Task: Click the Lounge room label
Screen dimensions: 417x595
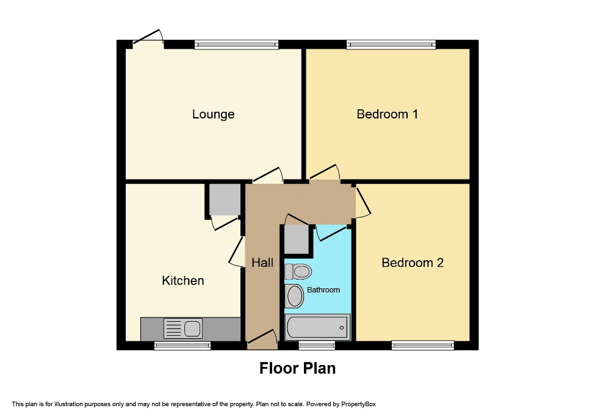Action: (213, 114)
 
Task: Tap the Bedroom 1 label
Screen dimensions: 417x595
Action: (387, 114)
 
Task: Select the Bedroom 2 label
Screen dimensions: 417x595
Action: (413, 263)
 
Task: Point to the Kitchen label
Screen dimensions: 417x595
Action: (182, 281)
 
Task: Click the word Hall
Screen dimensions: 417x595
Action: (262, 263)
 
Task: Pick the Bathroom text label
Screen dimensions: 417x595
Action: (323, 289)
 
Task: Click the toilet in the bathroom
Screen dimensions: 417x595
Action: (298, 270)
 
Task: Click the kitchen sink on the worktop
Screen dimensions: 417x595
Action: (183, 328)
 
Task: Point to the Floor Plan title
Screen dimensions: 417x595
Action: (297, 368)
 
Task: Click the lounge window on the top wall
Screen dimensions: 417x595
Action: (236, 44)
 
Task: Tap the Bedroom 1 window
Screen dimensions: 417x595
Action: (391, 44)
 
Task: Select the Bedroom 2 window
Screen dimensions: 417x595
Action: (422, 346)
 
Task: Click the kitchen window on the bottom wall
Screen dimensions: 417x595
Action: (182, 346)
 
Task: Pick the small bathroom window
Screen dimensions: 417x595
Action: (317, 346)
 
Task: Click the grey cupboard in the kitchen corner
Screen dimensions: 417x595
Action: (224, 198)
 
